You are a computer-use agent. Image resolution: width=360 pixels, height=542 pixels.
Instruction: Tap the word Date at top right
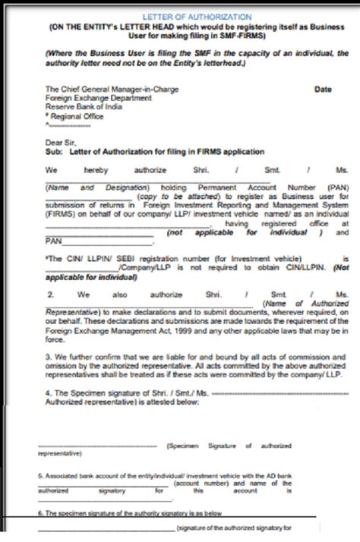(324, 89)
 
